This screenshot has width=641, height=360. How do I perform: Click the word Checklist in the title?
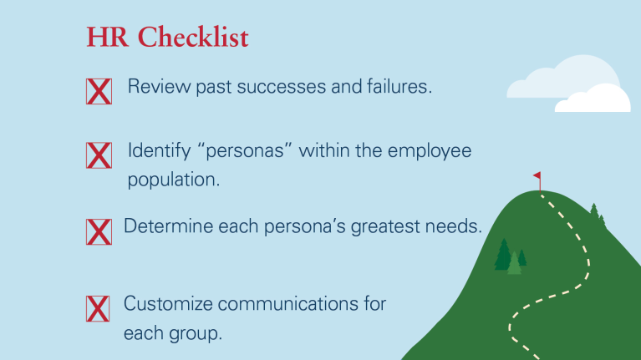click(x=193, y=37)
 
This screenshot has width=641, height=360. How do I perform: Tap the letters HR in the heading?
click(x=107, y=38)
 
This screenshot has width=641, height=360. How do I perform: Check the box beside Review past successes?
click(x=99, y=91)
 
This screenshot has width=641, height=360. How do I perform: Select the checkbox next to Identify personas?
click(x=99, y=155)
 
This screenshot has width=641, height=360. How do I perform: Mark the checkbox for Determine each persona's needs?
click(x=99, y=231)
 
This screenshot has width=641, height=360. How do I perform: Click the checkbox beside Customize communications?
click(x=98, y=308)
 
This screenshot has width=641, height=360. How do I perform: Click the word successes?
click(x=282, y=87)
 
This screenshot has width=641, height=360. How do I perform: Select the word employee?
click(x=430, y=151)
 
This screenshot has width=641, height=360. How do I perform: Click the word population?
click(x=174, y=180)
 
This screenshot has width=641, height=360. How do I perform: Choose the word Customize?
click(x=168, y=303)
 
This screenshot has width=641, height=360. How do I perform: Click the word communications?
click(x=287, y=304)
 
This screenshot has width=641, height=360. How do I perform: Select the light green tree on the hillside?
click(x=514, y=263)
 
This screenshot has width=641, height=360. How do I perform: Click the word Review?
click(x=159, y=86)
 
